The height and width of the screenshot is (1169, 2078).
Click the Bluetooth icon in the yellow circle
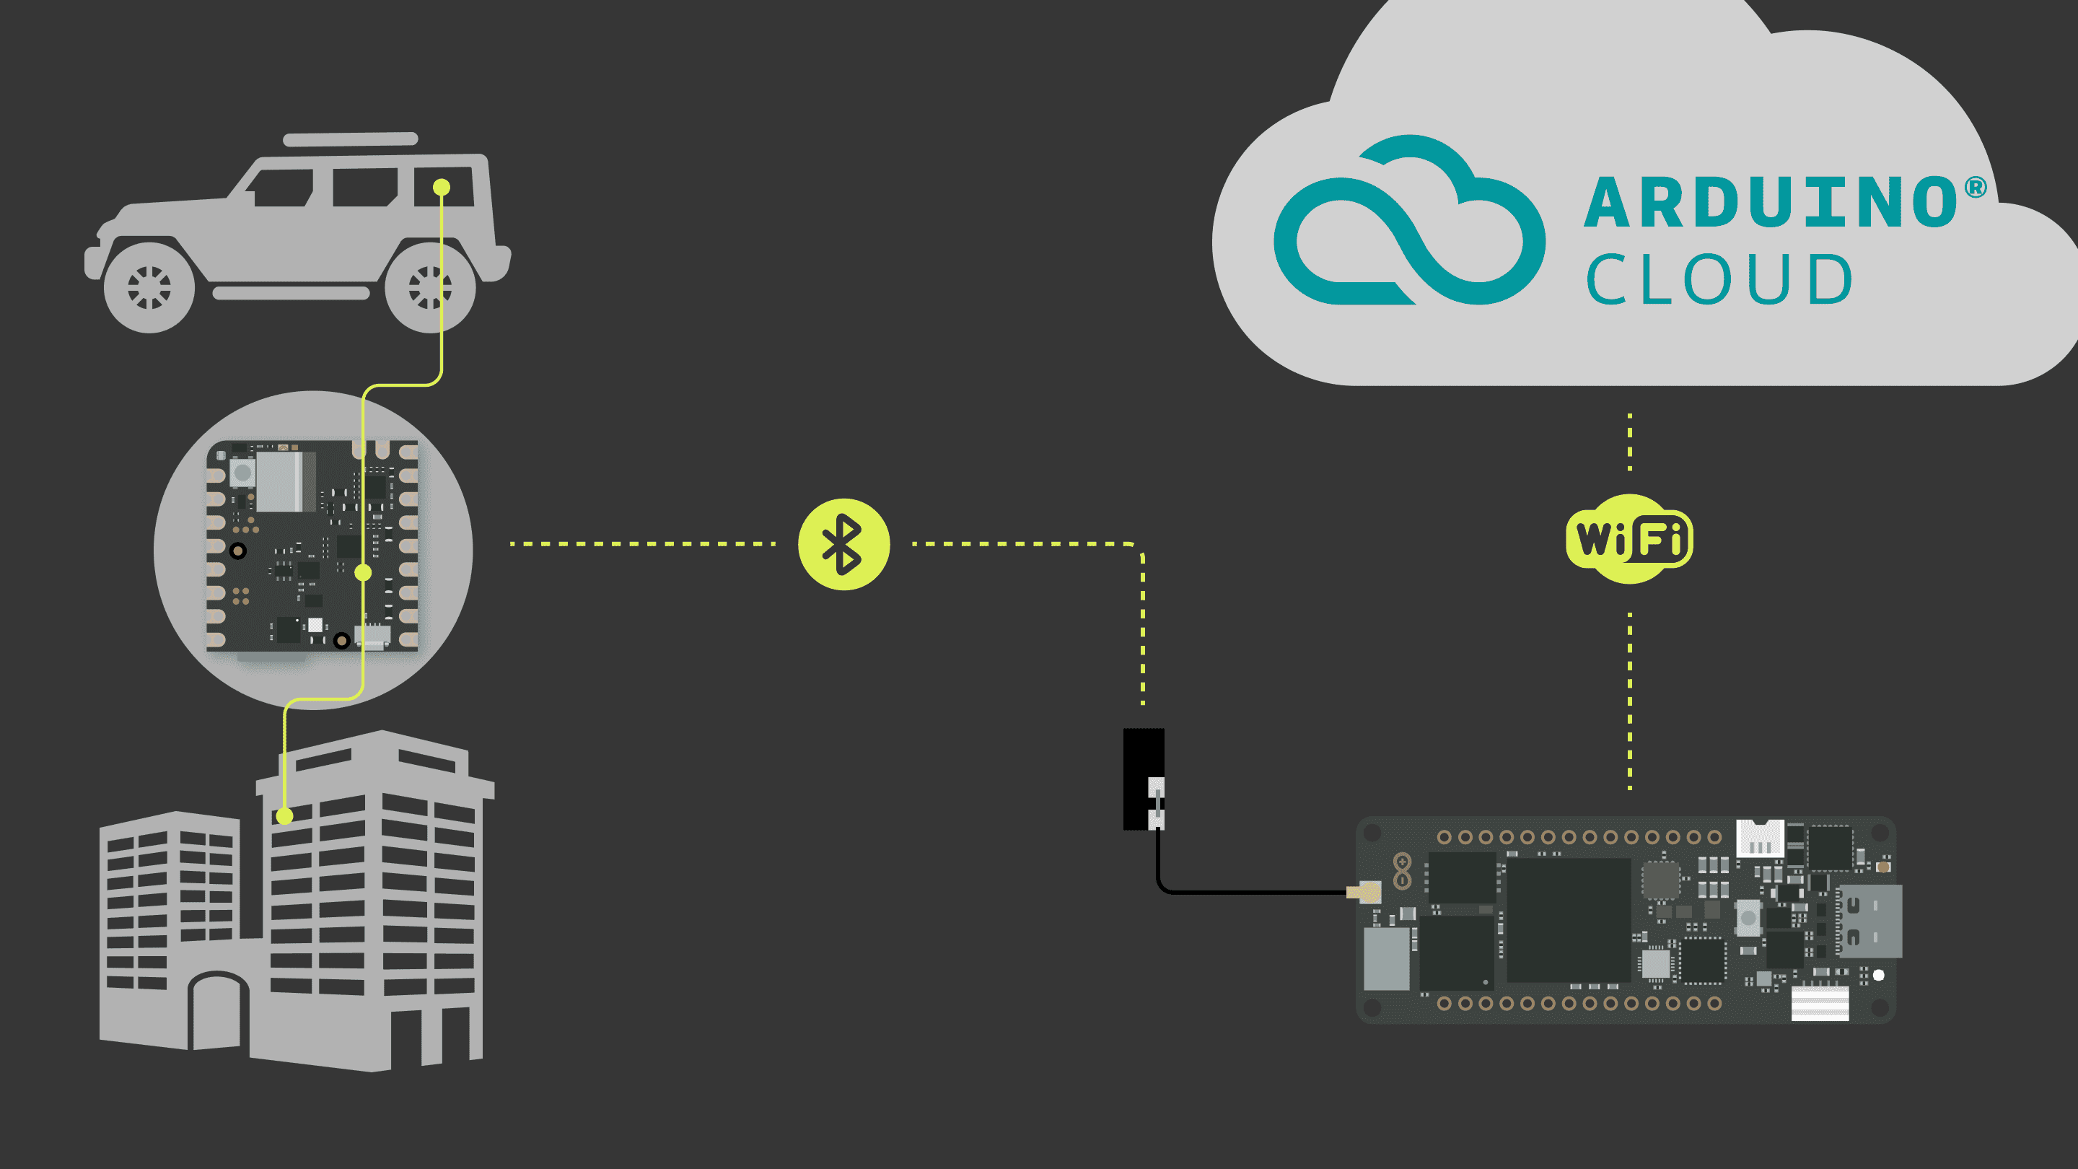click(x=843, y=545)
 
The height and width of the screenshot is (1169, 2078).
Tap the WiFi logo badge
click(x=1628, y=539)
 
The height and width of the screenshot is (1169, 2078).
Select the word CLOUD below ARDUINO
click(x=1719, y=279)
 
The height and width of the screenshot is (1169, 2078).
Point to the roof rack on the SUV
click(x=350, y=139)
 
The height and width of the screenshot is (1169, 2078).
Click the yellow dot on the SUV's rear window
click(x=442, y=187)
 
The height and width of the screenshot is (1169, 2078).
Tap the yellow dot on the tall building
click(x=284, y=815)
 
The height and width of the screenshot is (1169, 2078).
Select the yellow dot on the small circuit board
click(x=363, y=573)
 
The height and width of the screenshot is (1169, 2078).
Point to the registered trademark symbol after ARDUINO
click(x=1975, y=188)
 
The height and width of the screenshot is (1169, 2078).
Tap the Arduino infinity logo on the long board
click(x=1402, y=870)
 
